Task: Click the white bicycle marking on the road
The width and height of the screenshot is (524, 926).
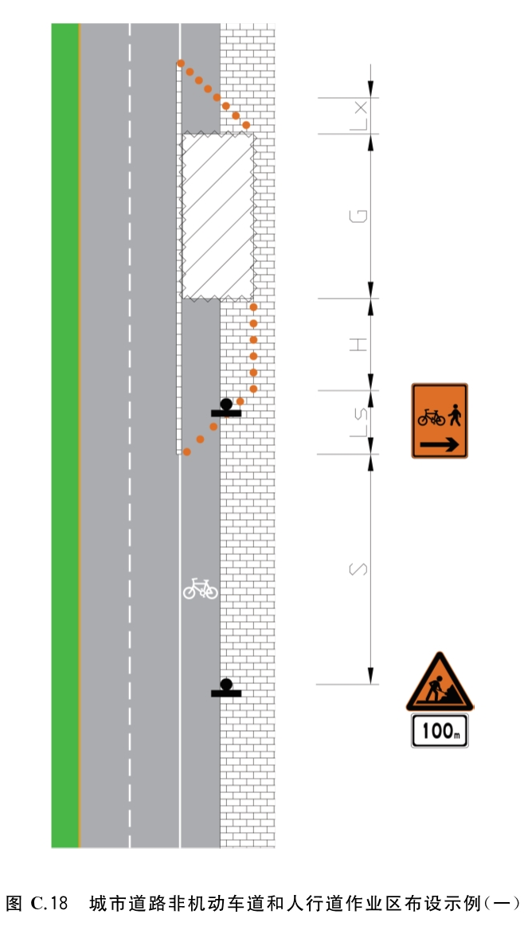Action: pos(200,588)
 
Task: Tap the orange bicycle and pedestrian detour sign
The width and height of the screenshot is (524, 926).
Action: pos(440,420)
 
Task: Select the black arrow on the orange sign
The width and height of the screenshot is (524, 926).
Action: pos(440,443)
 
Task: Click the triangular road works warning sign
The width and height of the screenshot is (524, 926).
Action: pos(440,682)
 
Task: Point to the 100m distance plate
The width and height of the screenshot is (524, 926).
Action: pos(440,731)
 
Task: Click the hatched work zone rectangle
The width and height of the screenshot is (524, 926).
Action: pos(218,216)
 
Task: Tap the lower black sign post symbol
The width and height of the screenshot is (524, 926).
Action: pos(226,690)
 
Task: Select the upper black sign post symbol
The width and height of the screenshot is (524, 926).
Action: pos(226,408)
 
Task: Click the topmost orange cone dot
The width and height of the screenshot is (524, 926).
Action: pos(180,63)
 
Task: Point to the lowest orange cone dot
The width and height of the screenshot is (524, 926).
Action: pos(186,451)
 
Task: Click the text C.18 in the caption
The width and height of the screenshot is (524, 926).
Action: pos(49,903)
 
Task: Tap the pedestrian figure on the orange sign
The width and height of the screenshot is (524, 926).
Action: pos(454,415)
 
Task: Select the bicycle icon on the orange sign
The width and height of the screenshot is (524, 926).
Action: pos(432,417)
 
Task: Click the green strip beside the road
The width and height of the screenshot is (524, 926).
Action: pos(65,436)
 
